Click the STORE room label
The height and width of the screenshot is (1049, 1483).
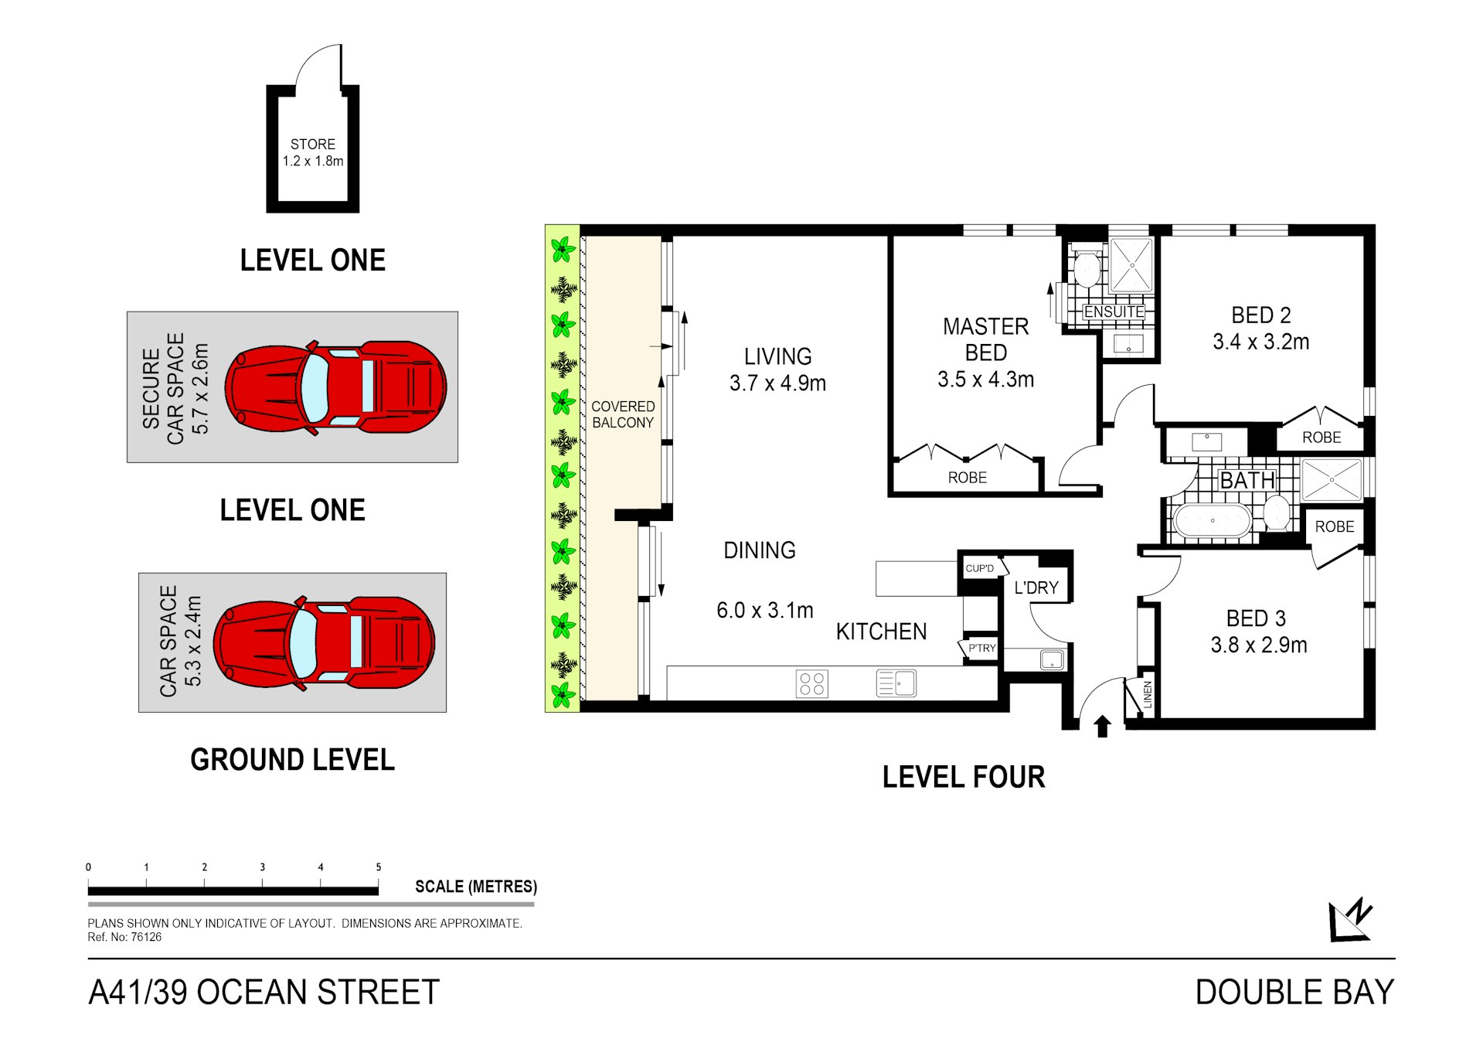[x=312, y=145]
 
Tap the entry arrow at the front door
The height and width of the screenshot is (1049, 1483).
[x=1102, y=726]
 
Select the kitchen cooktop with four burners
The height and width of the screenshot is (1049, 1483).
[x=811, y=683]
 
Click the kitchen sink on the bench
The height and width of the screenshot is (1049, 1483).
[x=896, y=683]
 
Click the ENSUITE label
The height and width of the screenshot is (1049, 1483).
[x=1114, y=312]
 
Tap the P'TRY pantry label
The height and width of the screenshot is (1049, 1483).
[x=981, y=648]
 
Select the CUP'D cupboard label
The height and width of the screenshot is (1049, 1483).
[x=980, y=568]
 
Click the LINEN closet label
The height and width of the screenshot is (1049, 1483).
[x=1148, y=694]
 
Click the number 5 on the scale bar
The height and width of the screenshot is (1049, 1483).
[x=379, y=867]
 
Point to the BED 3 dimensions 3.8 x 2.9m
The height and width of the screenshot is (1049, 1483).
[x=1258, y=645]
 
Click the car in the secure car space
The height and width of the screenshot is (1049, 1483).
[x=335, y=387]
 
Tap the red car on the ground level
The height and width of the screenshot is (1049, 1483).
[x=324, y=642]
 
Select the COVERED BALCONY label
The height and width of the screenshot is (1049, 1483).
[x=623, y=414]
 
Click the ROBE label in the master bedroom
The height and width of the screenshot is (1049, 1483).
[x=967, y=478]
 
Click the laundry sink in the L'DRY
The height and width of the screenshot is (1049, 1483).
[x=1051, y=659]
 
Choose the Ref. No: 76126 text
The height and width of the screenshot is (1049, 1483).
[x=124, y=937]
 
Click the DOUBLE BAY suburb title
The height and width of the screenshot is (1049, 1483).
[x=1294, y=993]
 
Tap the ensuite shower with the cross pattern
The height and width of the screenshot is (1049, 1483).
[x=1131, y=265]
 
